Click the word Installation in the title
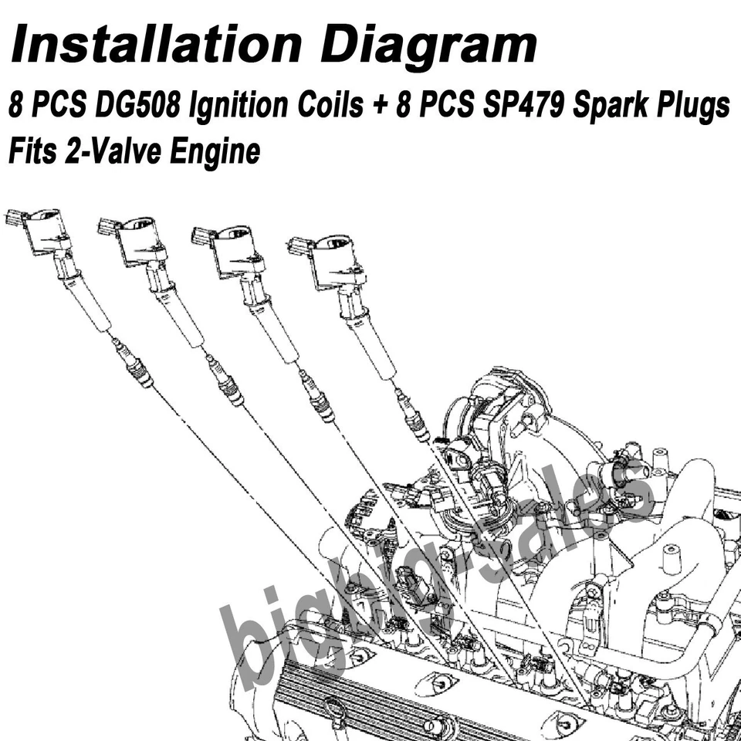click(x=154, y=44)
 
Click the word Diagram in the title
click(x=428, y=44)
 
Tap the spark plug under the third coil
click(x=318, y=398)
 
